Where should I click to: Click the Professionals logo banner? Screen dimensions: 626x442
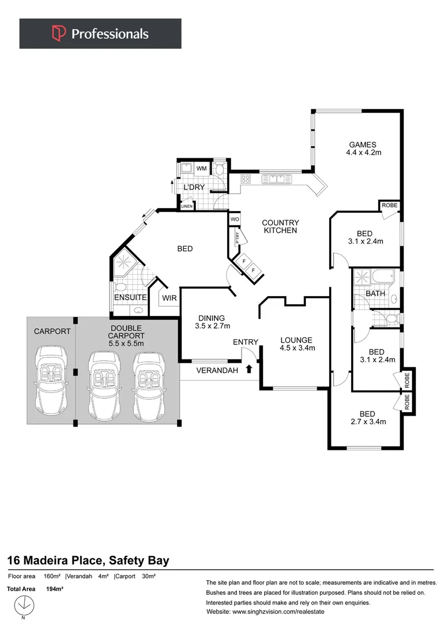(100, 34)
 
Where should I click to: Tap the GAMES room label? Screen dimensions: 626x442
(363, 145)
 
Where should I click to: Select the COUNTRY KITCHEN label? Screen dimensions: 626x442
(280, 226)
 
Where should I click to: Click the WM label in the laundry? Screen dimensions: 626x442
(201, 169)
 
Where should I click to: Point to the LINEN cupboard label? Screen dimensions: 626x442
(187, 206)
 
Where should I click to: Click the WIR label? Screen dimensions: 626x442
(169, 298)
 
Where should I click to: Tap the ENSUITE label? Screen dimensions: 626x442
(130, 297)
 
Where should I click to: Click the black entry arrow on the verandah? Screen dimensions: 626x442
(249, 369)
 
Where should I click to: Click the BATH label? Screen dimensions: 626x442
(375, 294)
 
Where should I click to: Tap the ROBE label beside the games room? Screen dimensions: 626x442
(388, 205)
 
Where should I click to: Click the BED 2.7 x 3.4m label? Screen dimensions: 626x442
(367, 418)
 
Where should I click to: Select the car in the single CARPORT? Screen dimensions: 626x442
(51, 378)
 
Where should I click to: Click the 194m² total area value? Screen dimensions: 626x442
(54, 589)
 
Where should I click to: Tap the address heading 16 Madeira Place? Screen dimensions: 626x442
(88, 561)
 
